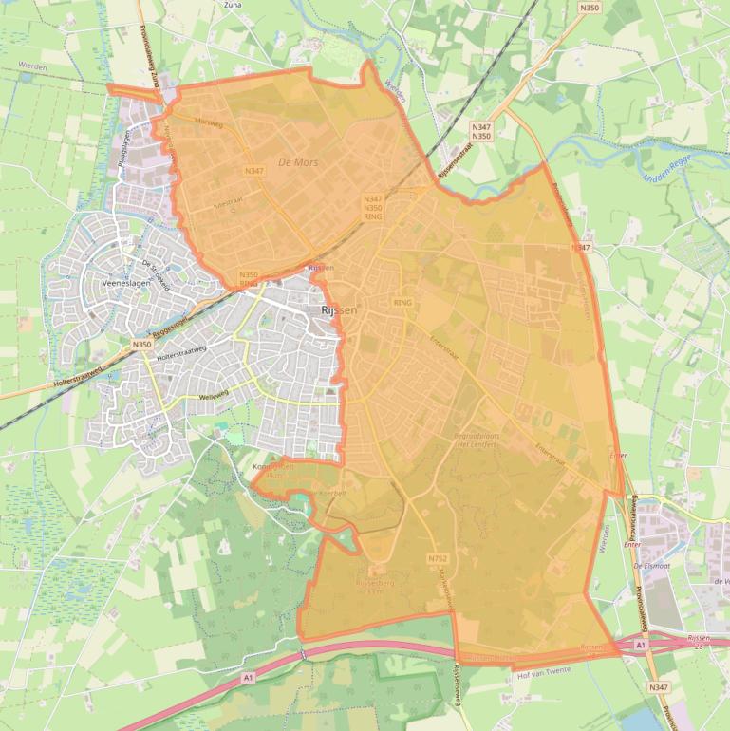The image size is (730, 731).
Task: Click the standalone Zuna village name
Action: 232,5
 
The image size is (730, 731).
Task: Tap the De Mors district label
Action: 298,163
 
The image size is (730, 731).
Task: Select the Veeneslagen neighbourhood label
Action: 124,284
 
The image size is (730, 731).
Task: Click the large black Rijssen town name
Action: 338,310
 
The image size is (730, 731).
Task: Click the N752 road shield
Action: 437,558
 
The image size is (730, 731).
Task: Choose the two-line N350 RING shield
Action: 249,279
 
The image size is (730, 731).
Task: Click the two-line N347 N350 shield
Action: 481,131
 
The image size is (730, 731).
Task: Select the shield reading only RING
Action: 402,303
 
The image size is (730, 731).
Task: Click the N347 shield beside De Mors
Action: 253,171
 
